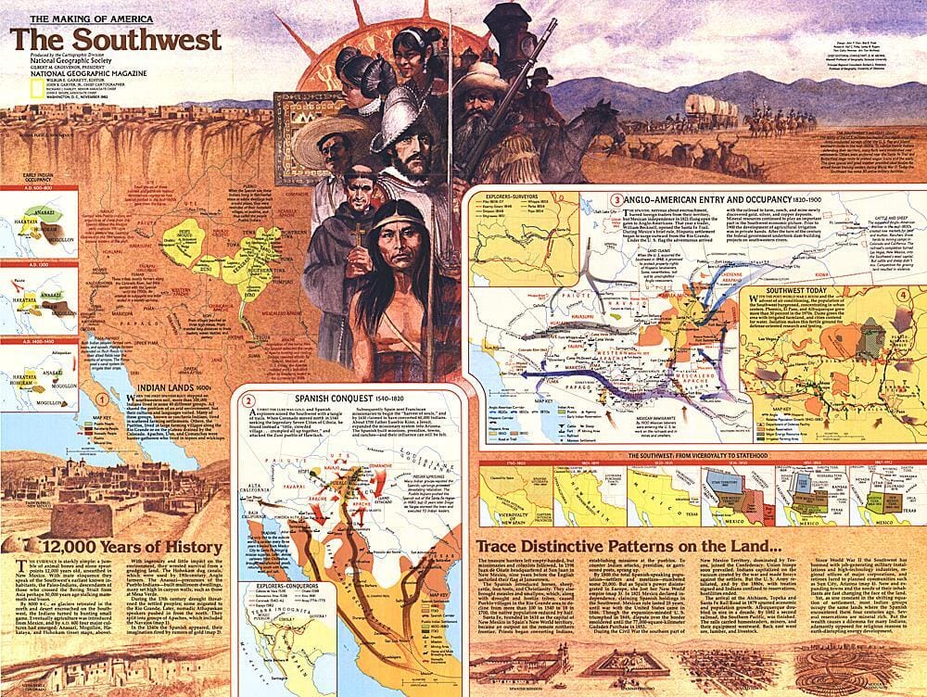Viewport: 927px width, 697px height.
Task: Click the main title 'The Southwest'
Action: click(x=116, y=40)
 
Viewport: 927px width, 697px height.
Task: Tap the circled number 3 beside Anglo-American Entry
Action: click(x=615, y=197)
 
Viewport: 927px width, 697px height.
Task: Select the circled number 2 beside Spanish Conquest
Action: click(x=248, y=401)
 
